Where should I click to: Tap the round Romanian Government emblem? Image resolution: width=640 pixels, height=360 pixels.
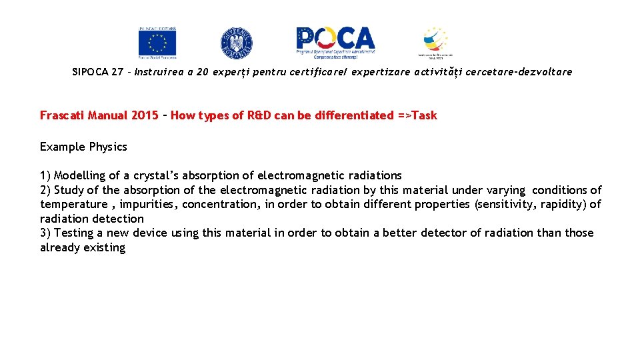[236, 43]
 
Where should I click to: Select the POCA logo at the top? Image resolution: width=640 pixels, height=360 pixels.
[335, 41]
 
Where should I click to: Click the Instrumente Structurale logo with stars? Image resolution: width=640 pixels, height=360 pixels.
[435, 43]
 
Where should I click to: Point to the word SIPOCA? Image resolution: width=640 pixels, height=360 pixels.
[90, 72]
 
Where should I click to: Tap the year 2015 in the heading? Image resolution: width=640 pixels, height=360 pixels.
[145, 115]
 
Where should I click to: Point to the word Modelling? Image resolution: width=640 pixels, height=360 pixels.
[79, 175]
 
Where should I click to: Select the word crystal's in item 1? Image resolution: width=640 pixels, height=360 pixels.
[156, 175]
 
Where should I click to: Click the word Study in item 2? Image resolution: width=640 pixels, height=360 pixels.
[69, 190]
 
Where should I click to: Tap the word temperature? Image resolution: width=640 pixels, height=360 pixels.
[73, 205]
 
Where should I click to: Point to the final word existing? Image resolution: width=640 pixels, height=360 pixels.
[104, 247]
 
